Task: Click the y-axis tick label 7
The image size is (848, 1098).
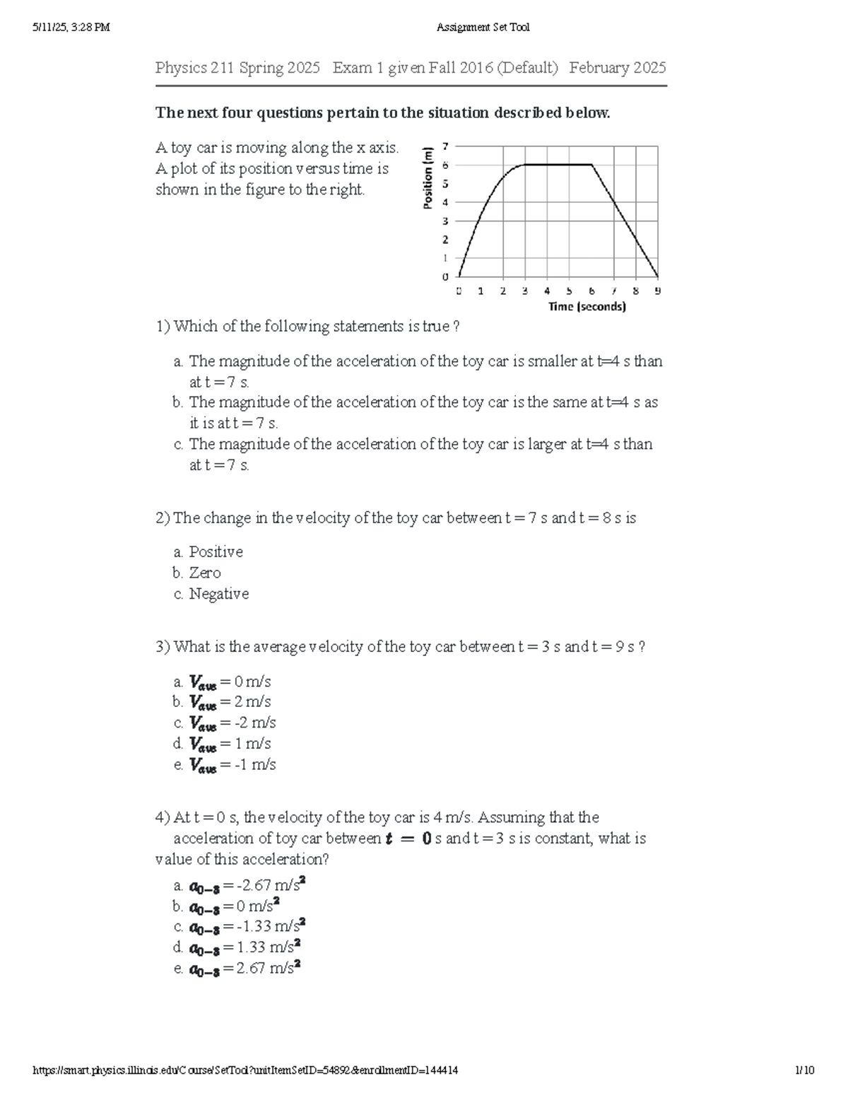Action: pos(445,146)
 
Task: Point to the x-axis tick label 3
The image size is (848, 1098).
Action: pos(525,291)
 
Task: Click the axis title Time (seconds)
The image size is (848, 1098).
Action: pos(587,307)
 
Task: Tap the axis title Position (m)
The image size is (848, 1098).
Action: pos(428,177)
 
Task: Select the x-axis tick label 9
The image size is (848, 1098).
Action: pos(657,291)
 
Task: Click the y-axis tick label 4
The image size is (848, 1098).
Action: pos(445,202)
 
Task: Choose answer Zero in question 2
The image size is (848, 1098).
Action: pos(205,573)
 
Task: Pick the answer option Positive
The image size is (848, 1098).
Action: pos(216,551)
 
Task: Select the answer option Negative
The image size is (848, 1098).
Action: pos(218,594)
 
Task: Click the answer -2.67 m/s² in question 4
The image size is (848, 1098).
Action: pos(247,885)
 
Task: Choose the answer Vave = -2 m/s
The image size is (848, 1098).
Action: pos(232,723)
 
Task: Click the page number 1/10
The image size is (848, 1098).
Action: pos(804,1070)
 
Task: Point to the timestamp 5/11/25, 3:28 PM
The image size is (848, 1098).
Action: pos(71,28)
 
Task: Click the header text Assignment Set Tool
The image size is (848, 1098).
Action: pos(483,28)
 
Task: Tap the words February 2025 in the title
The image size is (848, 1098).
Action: pos(617,68)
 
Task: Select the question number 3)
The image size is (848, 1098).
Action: pos(163,647)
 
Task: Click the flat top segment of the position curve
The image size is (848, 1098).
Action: pos(558,165)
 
